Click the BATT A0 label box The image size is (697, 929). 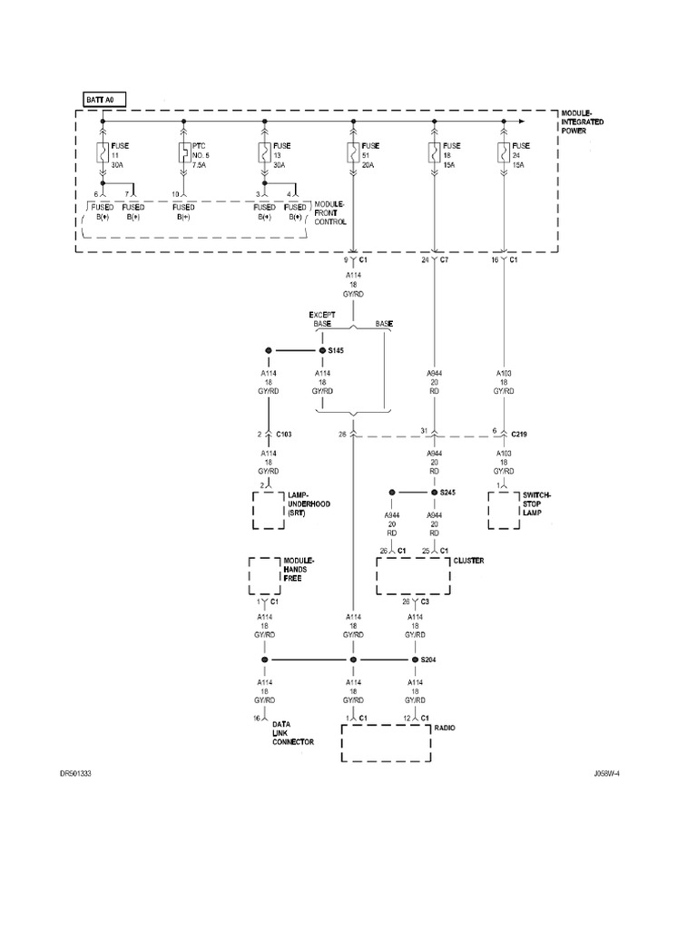[102, 99]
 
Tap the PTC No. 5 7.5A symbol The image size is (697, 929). [184, 152]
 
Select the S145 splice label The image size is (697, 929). [336, 350]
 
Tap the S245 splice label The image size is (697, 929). [447, 493]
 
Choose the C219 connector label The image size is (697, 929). [518, 434]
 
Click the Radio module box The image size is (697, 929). [384, 743]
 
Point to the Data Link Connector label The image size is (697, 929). [292, 733]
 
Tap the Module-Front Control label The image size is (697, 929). [331, 213]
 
